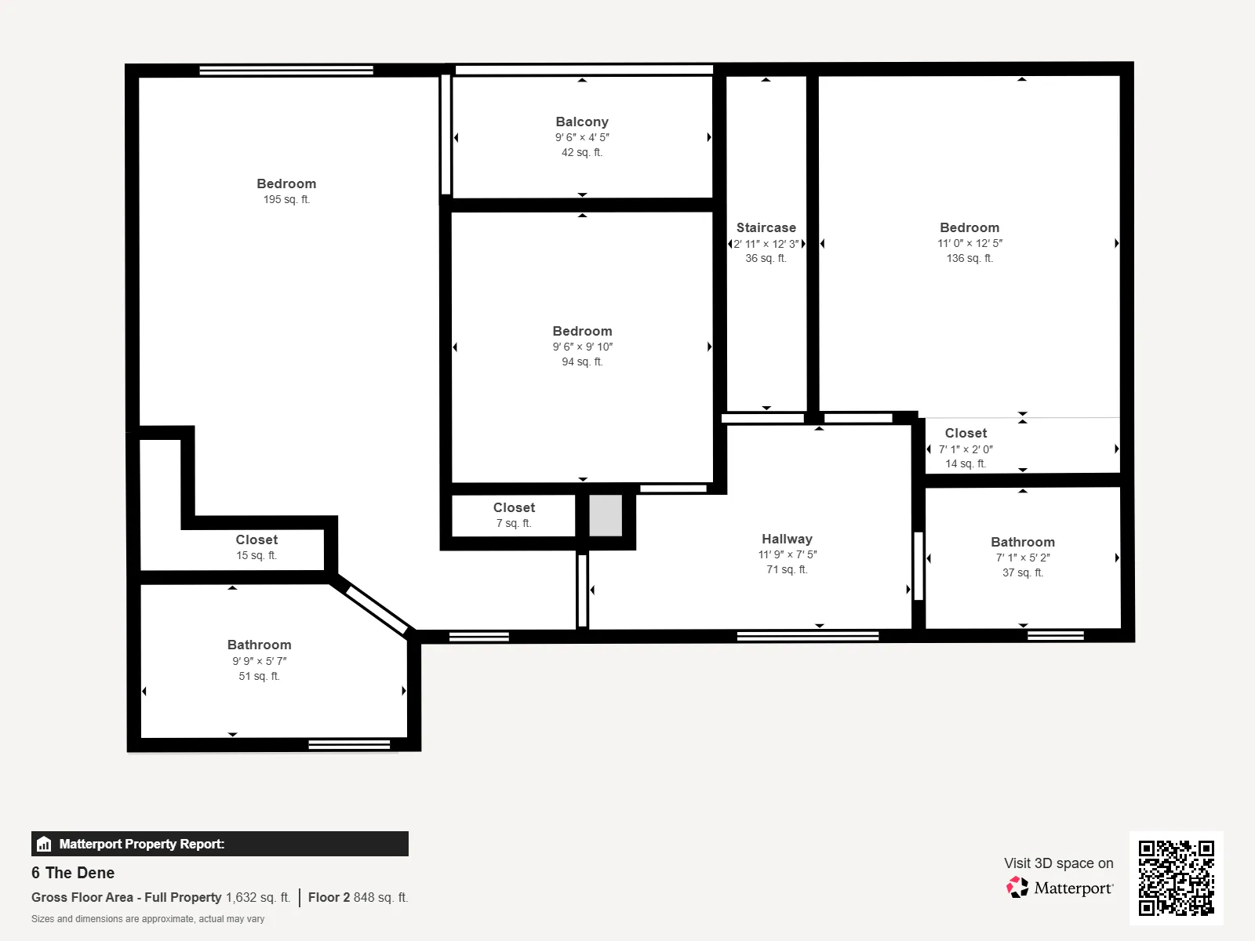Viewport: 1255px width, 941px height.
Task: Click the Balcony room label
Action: click(582, 122)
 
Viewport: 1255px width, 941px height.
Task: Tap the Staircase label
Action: click(766, 227)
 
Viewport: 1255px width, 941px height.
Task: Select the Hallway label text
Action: click(787, 539)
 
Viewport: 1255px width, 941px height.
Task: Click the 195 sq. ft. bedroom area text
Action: click(286, 199)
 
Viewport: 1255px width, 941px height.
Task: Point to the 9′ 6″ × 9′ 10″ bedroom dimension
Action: click(583, 347)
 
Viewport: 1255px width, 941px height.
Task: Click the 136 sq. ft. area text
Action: click(969, 258)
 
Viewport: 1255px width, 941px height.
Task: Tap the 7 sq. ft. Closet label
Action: click(514, 507)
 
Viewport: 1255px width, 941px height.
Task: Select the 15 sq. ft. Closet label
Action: click(256, 540)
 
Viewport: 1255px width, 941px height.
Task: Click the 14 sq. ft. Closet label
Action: click(966, 433)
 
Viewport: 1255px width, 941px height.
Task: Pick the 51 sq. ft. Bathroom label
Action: click(260, 645)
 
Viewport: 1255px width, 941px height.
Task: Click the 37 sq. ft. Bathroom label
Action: click(1023, 542)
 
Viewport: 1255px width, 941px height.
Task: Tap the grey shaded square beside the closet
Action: click(606, 515)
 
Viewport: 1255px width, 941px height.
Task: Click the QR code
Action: click(1176, 877)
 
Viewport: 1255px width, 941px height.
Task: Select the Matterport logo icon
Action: click(1017, 888)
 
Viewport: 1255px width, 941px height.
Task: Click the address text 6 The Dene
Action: click(73, 873)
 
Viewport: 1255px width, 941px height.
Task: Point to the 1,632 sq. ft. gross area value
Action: click(258, 897)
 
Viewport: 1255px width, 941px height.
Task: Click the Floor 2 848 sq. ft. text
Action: click(358, 897)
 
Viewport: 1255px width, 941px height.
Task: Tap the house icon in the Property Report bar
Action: click(44, 844)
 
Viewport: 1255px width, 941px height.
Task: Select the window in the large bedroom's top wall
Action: click(286, 71)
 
